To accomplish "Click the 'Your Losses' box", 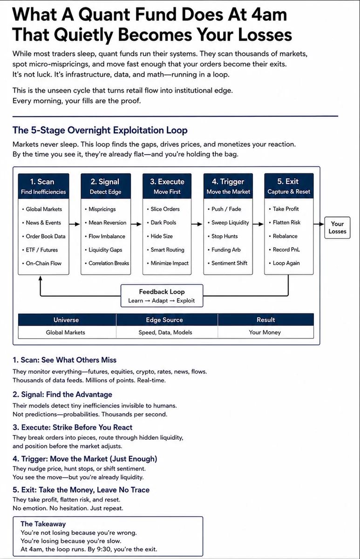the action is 337,228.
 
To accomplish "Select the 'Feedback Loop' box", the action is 162,296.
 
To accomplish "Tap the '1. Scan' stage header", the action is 43,186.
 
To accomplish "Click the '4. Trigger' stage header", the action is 228,186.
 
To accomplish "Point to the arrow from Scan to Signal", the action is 75,224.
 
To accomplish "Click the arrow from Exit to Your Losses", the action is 319,224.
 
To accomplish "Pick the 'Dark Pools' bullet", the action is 163,223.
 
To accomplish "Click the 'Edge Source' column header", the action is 164,320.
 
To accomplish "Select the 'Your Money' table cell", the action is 265,332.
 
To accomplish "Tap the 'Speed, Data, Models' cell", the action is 165,332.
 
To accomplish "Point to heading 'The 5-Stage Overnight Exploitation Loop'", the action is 100,130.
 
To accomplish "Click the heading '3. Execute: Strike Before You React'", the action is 73,427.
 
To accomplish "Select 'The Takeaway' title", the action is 43,524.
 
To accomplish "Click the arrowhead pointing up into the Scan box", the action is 41,278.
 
